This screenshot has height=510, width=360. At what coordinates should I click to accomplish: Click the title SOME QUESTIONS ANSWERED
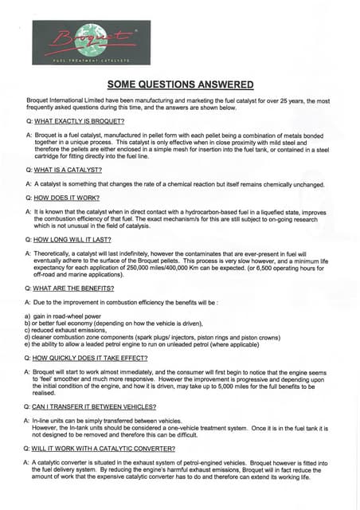(180, 85)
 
